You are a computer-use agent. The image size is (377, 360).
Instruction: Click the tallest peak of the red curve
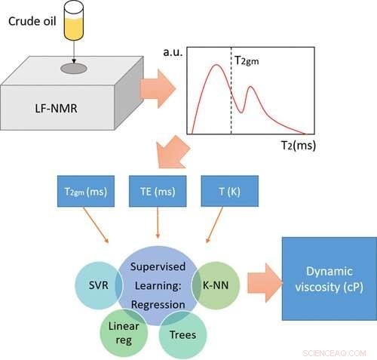click(x=215, y=66)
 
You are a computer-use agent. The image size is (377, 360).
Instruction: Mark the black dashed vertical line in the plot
click(x=231, y=98)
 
